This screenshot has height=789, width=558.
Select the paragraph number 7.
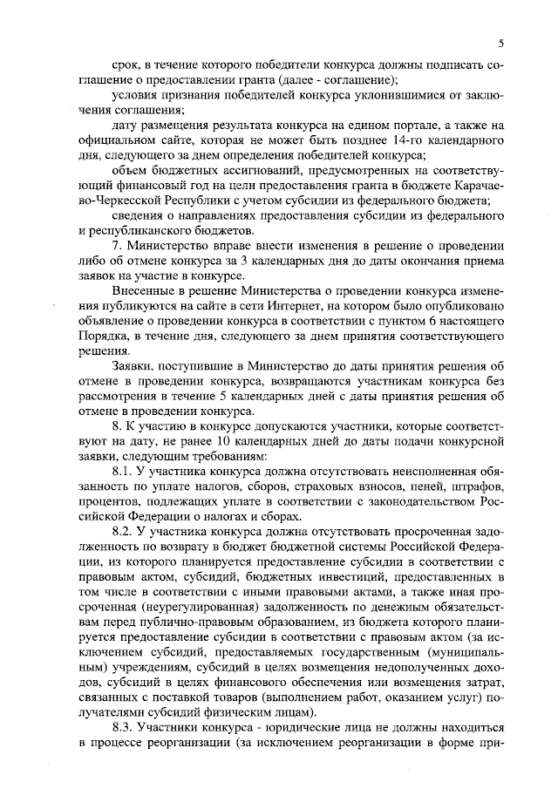118,246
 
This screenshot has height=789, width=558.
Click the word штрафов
477,487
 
